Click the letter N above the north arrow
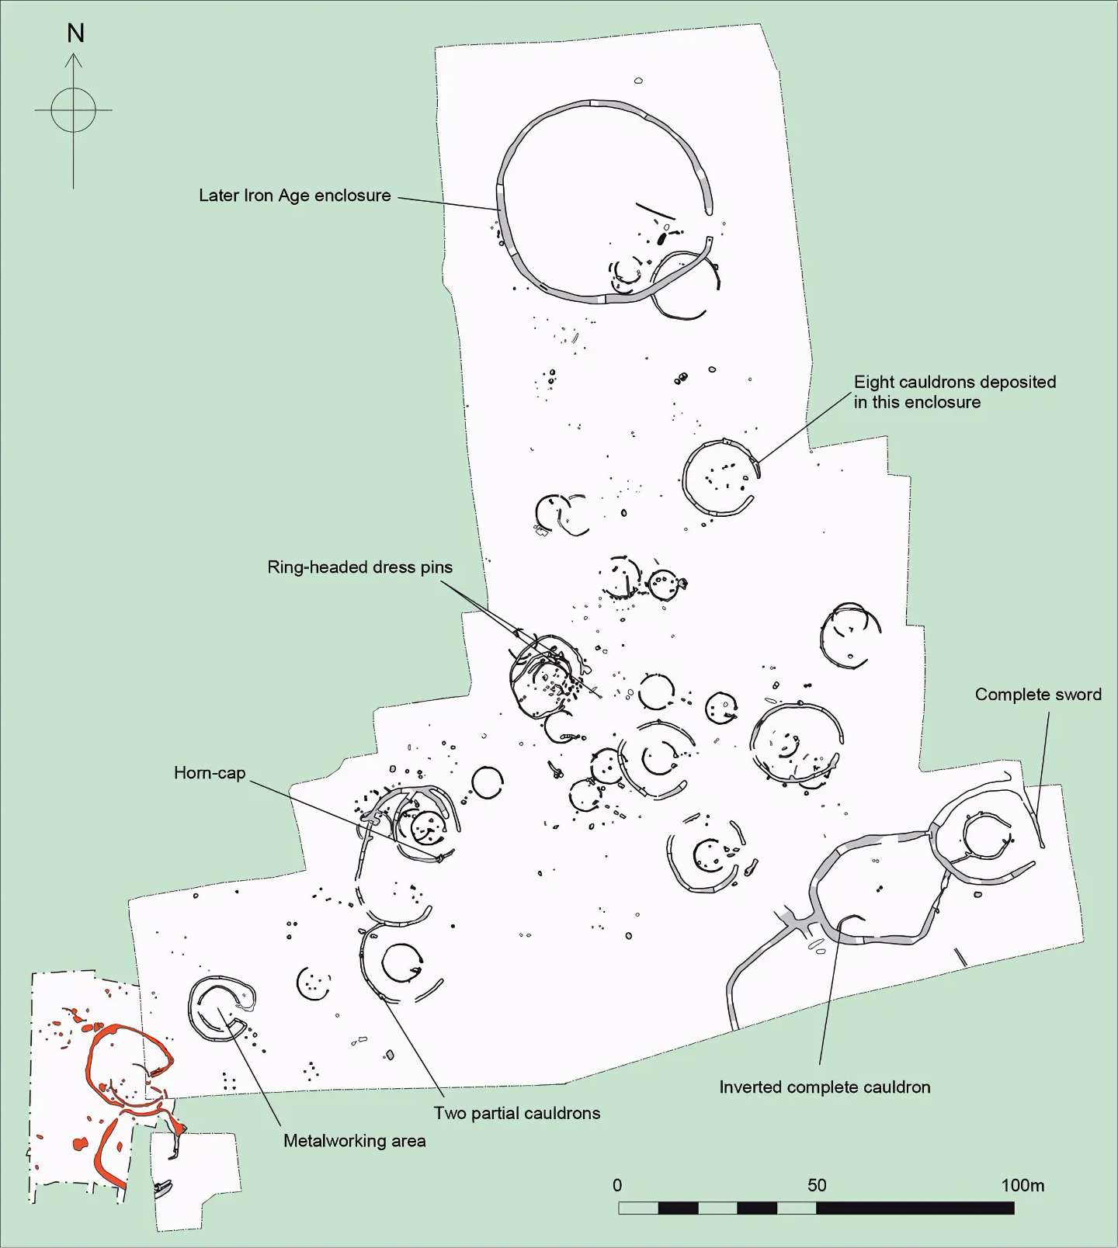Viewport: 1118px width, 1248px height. (x=75, y=33)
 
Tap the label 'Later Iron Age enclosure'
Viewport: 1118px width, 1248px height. (x=295, y=196)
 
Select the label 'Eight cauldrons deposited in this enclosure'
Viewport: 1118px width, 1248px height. (x=955, y=392)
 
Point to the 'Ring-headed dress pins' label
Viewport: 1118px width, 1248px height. (x=360, y=567)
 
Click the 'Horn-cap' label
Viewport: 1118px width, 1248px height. (x=210, y=773)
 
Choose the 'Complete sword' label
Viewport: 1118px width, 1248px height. (x=1038, y=695)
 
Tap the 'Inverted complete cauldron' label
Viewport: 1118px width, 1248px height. (x=825, y=1087)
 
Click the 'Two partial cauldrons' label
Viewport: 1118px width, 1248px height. (x=517, y=1113)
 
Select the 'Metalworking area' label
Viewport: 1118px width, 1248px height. (x=355, y=1141)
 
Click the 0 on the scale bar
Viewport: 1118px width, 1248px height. (x=617, y=1185)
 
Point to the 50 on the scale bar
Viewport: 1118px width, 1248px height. (x=817, y=1185)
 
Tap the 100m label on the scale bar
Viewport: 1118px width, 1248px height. (x=1023, y=1185)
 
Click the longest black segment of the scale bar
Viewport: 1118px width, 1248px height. (x=915, y=1208)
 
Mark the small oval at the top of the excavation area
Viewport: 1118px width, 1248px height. (x=639, y=80)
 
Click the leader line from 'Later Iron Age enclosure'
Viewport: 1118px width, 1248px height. (x=449, y=203)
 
